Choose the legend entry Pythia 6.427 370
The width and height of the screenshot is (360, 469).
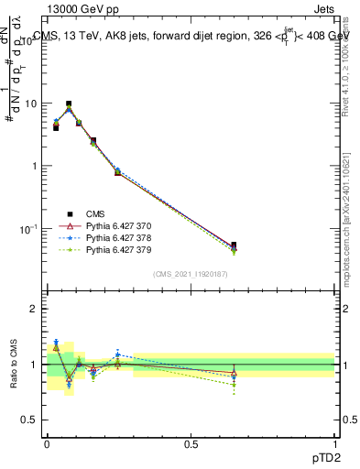107,225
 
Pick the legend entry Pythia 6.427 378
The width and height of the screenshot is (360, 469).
107,237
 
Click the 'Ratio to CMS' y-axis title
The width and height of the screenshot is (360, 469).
14,364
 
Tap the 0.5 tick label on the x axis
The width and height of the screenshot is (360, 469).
191,443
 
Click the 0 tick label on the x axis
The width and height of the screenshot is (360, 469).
47,443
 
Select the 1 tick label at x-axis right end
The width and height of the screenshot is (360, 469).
334,443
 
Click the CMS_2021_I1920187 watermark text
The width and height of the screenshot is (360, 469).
191,275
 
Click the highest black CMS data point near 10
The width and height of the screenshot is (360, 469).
69,104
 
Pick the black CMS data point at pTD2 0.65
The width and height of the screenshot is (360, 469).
234,245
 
